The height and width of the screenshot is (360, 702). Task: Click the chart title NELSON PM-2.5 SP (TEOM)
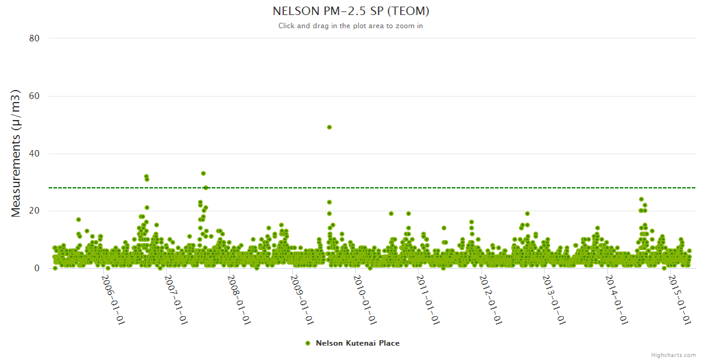[x=351, y=11]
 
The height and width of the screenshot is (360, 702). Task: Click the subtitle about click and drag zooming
[x=351, y=26]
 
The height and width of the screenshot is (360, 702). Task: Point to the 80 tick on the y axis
[x=34, y=38]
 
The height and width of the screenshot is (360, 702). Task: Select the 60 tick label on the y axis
[x=34, y=96]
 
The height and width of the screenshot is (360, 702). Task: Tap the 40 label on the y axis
[x=34, y=154]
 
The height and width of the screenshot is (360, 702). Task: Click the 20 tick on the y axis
[x=34, y=211]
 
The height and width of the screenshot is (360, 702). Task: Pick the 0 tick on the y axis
[x=37, y=268]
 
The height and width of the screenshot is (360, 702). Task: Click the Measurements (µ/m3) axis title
[x=16, y=153]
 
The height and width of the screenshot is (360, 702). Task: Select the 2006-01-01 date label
[x=113, y=300]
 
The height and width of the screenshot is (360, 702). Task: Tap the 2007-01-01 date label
[x=176, y=300]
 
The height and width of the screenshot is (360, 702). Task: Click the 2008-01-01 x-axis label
[x=239, y=300]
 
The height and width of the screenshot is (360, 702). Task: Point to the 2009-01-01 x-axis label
[x=302, y=300]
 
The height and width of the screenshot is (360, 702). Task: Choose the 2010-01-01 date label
[x=365, y=300]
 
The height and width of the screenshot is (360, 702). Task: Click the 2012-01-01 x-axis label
[x=491, y=300]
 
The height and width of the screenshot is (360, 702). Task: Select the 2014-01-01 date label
[x=617, y=300]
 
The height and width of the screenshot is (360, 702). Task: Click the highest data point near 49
[x=329, y=127]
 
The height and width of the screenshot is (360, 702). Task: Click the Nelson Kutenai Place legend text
[x=358, y=343]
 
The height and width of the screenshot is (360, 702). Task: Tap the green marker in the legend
[x=308, y=343]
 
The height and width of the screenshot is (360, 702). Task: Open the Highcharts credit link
[x=673, y=355]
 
